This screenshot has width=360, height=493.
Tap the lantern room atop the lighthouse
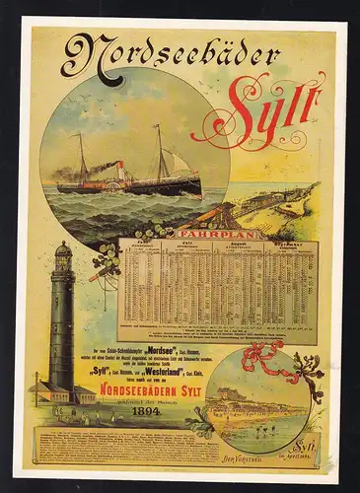coord(63,253)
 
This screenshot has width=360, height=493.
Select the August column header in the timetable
coord(248,245)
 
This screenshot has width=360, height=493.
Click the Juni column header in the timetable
coord(149,245)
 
